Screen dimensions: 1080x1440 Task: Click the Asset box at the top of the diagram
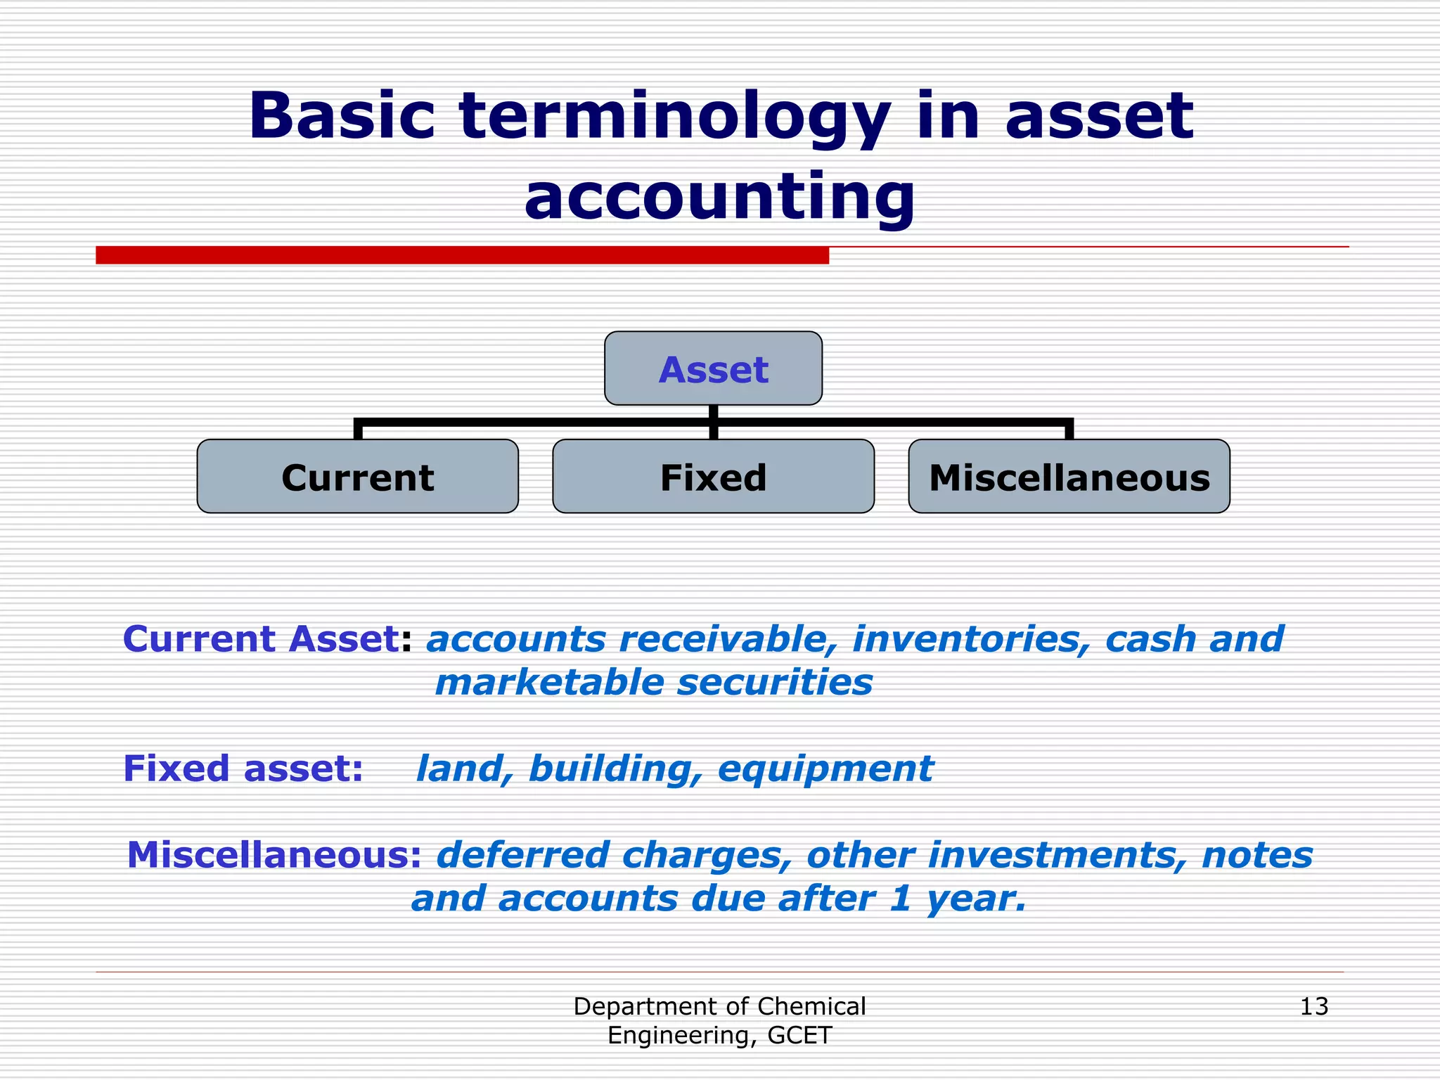[713, 368]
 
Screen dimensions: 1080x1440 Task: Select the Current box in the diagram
[357, 477]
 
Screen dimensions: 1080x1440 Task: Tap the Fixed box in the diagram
[713, 477]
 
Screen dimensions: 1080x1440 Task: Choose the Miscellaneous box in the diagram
[1069, 477]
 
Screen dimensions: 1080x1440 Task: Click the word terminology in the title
[675, 116]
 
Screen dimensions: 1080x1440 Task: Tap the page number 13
[1313, 1006]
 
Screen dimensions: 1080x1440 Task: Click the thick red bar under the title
[462, 255]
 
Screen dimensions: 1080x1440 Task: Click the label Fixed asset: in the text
[243, 768]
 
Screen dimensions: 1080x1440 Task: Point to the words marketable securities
[654, 682]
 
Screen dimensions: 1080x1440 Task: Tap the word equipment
[825, 768]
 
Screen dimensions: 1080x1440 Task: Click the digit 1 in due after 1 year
[900, 898]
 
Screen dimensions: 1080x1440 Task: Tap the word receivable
[727, 638]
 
